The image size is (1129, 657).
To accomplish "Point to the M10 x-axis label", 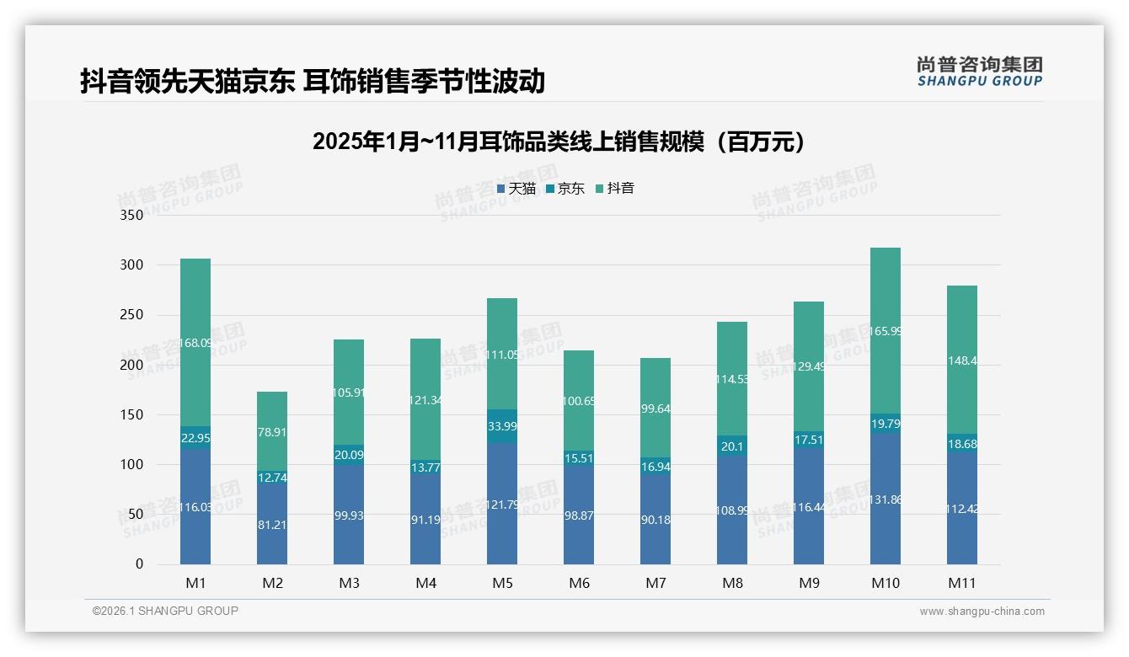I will pos(885,583).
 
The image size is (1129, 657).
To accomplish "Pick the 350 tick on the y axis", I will pos(132,215).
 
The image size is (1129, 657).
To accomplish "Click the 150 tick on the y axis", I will pos(132,414).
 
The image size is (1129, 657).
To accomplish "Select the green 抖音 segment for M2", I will pos(271,431).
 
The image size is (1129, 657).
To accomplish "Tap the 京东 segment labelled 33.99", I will pos(502,426).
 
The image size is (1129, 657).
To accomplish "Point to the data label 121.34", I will pos(425,400).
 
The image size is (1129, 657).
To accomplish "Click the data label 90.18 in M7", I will pos(655,520).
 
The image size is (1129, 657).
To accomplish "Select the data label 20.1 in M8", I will pos(732,447).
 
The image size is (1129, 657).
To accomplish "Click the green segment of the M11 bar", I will pos(961,360).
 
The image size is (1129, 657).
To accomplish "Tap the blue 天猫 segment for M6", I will pos(579,515).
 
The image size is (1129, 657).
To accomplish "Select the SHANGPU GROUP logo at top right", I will pos(979,72).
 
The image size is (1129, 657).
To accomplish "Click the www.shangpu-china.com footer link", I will pos(982,612).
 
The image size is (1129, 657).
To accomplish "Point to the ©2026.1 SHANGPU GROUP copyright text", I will pos(165,611).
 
